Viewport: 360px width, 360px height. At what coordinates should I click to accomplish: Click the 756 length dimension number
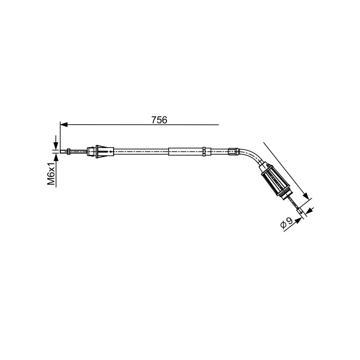point(159,120)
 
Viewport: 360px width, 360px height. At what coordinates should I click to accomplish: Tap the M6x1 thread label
point(51,173)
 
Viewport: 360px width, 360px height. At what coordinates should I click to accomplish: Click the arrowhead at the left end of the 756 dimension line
point(63,125)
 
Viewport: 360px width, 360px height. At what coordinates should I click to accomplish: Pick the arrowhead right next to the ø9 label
point(298,220)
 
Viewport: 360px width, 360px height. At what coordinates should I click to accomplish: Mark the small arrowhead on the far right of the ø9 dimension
point(310,210)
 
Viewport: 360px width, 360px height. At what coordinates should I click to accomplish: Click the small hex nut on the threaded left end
point(69,151)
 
